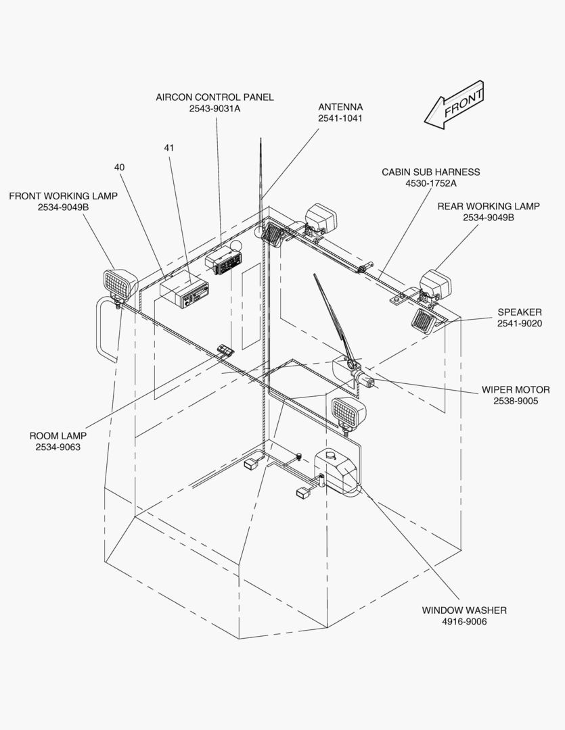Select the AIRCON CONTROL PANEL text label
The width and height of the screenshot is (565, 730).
coord(214,97)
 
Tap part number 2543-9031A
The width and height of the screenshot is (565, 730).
coord(214,109)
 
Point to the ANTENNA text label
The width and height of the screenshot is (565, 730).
coord(340,107)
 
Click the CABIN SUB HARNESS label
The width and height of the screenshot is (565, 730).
coord(430,172)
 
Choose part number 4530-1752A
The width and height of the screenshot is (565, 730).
coord(430,183)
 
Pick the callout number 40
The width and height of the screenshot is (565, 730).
coord(119,167)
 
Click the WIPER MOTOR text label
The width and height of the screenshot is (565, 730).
coord(516,390)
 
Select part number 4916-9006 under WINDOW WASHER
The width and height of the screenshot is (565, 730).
coord(464,621)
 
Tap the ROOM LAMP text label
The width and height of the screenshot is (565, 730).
coord(58,436)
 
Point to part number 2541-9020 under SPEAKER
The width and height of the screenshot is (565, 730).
coord(520,323)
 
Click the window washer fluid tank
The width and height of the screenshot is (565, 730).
coord(337,472)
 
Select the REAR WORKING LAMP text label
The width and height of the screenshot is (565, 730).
coord(489,206)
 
